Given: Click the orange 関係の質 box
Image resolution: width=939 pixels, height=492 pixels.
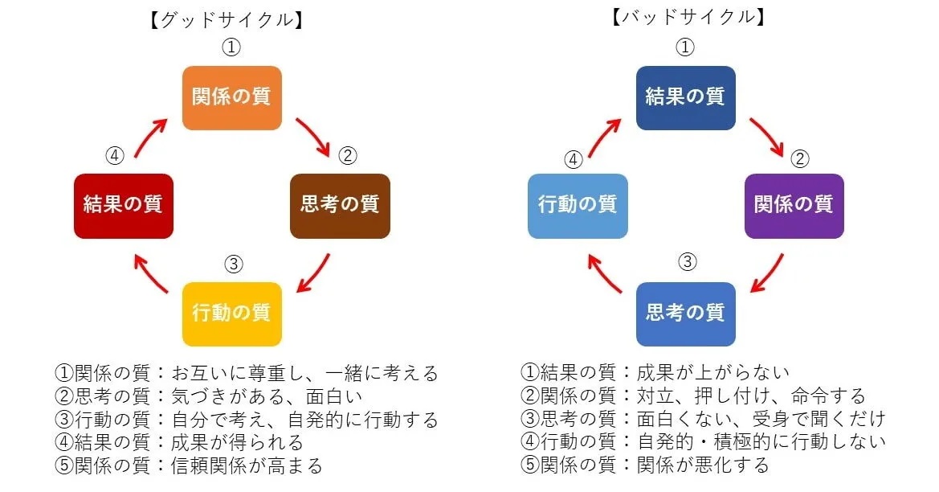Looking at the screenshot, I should (x=231, y=97).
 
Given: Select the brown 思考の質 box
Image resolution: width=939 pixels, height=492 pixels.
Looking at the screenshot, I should (x=340, y=205).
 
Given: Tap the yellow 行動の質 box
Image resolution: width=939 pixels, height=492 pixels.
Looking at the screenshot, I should (x=231, y=313).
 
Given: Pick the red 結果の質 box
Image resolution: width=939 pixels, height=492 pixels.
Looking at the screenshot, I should (x=123, y=205).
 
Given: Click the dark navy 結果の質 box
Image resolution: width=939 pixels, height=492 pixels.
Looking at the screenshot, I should (x=685, y=97).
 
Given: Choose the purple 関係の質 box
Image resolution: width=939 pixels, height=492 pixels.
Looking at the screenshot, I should (x=794, y=205).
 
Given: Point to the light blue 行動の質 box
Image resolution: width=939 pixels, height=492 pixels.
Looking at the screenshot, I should (x=578, y=205).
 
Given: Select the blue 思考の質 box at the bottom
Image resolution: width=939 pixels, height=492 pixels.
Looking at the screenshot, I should (x=685, y=313).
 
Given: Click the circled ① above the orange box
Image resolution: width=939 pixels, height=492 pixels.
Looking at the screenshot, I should (x=231, y=47).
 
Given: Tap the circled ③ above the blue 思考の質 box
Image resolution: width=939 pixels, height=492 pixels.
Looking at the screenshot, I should (x=686, y=261).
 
